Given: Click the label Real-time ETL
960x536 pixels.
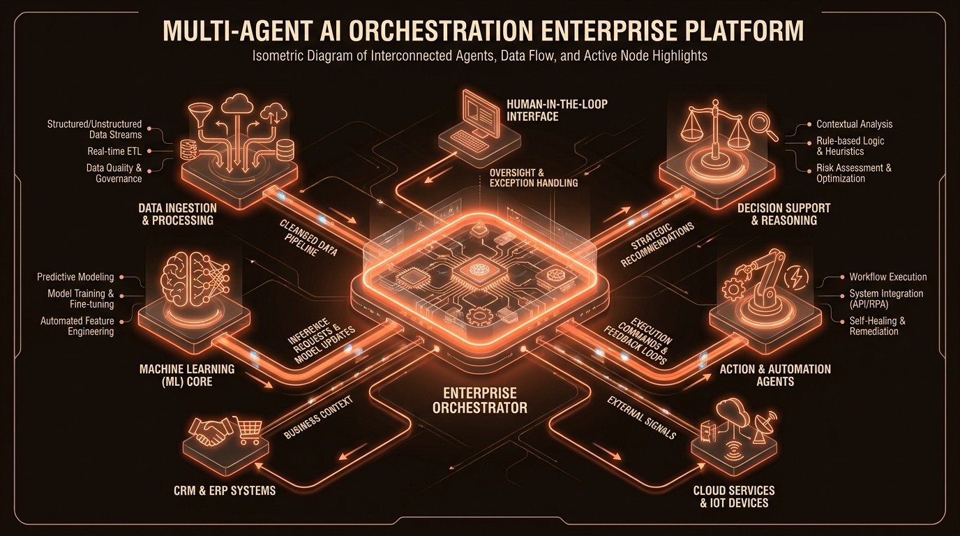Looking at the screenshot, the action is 115,151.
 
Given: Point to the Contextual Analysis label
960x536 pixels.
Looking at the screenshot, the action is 854,124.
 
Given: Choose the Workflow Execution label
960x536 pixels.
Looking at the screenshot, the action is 887,277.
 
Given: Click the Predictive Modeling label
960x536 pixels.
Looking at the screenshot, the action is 75,277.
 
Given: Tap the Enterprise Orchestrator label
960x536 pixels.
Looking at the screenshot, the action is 479,401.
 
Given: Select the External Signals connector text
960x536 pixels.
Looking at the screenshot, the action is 642,418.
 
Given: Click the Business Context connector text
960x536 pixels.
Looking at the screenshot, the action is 320,417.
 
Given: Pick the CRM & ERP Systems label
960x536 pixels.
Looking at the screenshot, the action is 225,491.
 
